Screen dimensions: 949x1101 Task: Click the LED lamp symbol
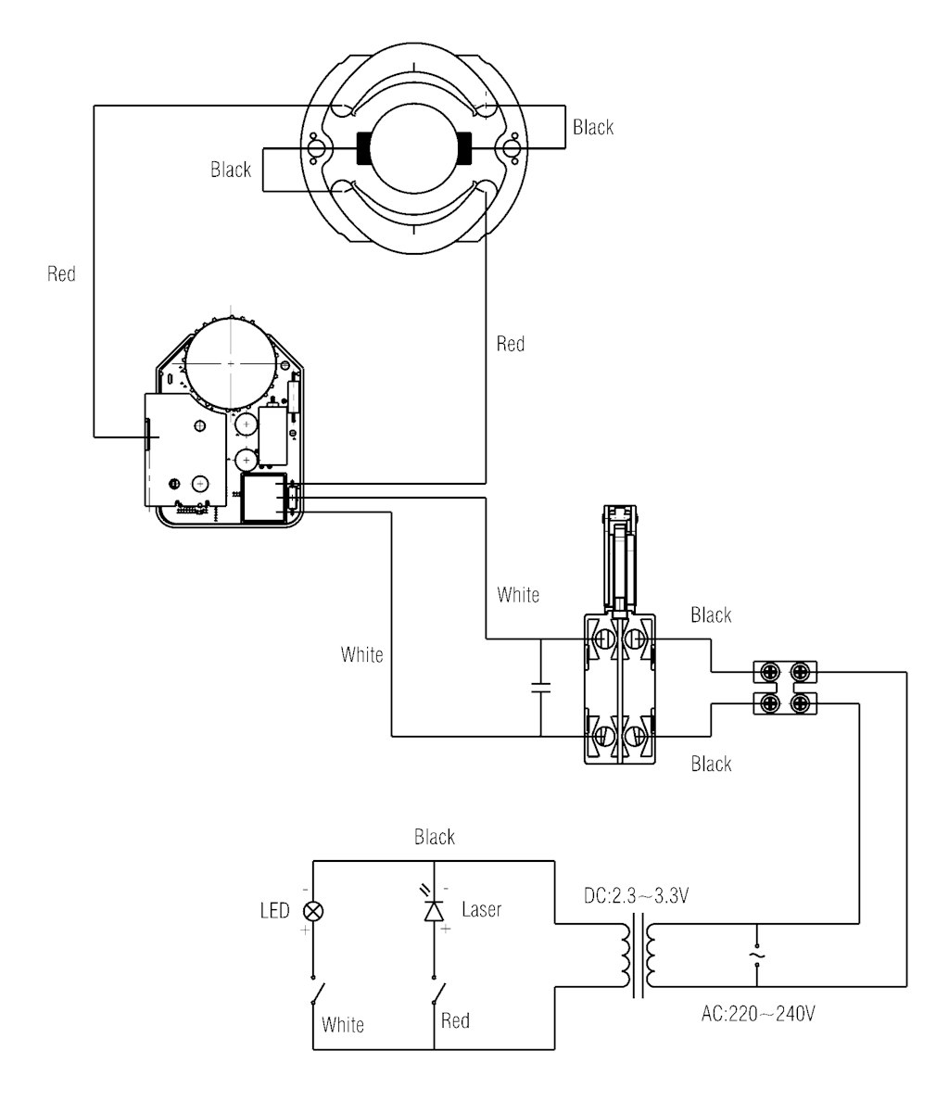(313, 911)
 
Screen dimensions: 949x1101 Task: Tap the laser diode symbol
(435, 910)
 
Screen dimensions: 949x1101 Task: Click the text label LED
(274, 911)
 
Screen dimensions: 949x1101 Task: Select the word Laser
(482, 909)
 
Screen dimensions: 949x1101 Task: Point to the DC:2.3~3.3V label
(636, 896)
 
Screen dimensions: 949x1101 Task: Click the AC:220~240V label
(758, 1013)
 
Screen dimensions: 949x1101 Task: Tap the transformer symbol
(638, 955)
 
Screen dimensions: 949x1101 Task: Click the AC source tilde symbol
(756, 955)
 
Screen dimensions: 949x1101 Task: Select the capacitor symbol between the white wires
(541, 688)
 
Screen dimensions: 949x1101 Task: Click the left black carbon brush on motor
(364, 149)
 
